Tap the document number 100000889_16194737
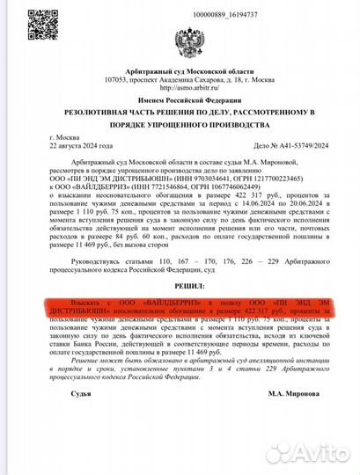tap(202, 16)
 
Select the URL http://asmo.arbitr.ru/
tap(188, 87)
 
